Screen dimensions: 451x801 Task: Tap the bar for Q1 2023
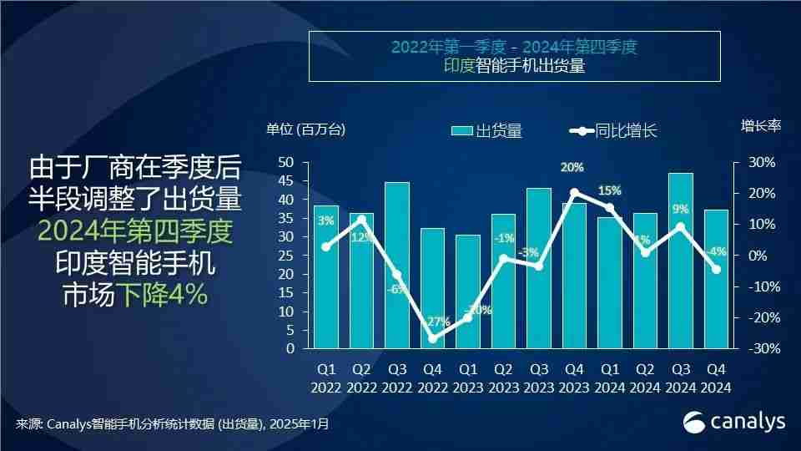468,292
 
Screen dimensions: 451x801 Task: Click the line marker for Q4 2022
432,338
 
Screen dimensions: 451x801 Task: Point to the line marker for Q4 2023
574,192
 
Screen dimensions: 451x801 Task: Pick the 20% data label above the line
572,168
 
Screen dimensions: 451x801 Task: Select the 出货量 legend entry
486,130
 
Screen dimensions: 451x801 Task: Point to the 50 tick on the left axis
285,162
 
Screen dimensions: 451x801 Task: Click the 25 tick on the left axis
285,256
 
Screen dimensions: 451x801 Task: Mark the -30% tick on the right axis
760,349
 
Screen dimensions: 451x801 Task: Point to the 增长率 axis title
760,126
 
